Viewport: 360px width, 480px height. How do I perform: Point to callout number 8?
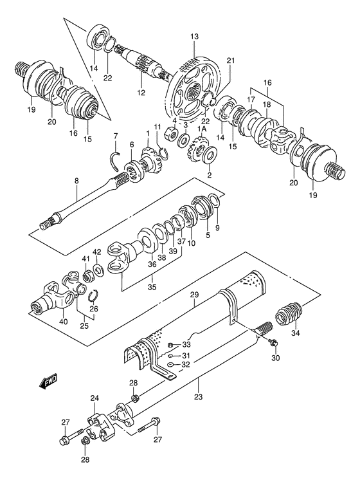(x=76, y=181)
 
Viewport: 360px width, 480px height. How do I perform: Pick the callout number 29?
(x=194, y=294)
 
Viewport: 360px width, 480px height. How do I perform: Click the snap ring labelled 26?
(x=93, y=295)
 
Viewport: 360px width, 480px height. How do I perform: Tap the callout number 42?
(x=96, y=253)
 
